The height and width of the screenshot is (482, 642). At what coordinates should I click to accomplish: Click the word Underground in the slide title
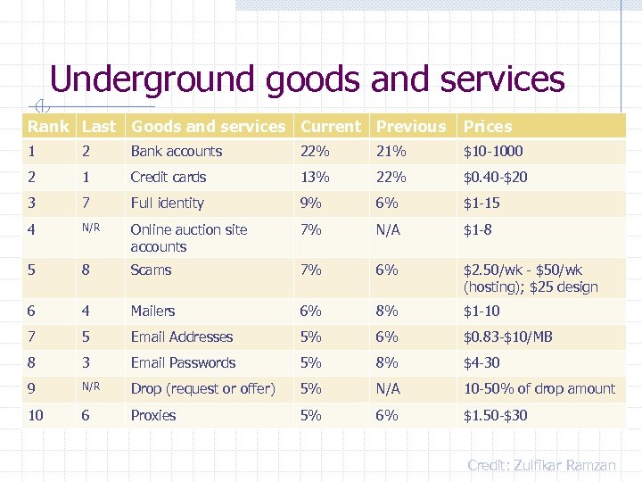pos(152,80)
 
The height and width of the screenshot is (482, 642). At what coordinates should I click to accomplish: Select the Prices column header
pos(488,127)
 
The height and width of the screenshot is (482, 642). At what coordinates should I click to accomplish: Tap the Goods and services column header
pos(208,127)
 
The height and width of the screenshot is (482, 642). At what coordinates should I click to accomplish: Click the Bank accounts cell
pos(176,152)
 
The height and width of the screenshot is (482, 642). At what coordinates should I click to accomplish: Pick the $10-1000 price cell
pos(493,152)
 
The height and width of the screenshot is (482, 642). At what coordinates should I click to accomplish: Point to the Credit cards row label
pos(168,178)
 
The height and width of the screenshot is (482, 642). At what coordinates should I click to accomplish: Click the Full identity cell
pos(167,204)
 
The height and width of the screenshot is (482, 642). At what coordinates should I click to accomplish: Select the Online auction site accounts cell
pos(188,237)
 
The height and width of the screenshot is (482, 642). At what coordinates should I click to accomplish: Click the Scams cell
pos(151,270)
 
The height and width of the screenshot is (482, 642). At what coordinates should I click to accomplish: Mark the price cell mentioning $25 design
pos(531,278)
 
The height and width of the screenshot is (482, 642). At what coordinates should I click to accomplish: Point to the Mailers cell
pos(152,312)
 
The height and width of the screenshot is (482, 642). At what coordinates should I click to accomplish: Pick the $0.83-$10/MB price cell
pos(507,337)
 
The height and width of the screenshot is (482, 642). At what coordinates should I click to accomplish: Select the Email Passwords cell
pos(183,363)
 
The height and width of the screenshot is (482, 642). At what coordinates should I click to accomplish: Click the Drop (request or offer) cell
pos(202,389)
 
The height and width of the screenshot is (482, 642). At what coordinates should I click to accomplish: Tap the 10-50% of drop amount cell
pos(539,389)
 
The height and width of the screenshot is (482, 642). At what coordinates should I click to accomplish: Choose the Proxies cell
pos(152,415)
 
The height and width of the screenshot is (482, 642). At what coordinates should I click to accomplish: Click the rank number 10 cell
pos(36,415)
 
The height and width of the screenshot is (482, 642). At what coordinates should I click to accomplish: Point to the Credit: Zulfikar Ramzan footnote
pos(541,465)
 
